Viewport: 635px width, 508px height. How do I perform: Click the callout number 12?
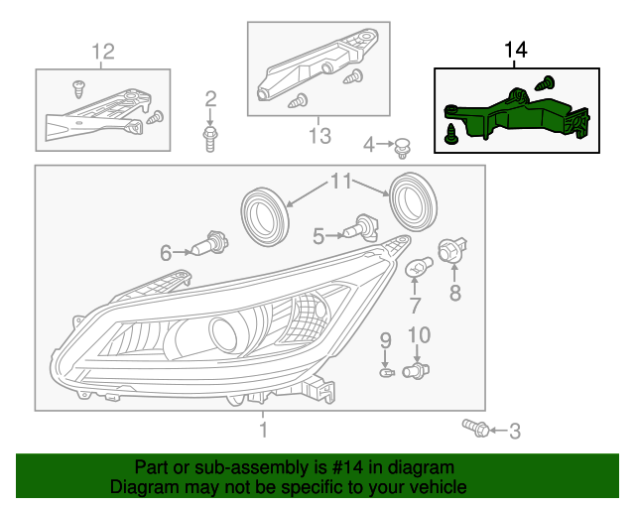click(103, 52)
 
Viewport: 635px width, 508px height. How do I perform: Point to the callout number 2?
click(210, 97)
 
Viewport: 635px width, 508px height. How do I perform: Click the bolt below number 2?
click(210, 136)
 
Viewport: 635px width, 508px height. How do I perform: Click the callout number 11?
click(341, 182)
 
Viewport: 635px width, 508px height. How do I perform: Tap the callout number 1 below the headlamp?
click(263, 430)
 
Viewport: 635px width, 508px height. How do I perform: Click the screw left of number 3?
click(474, 428)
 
